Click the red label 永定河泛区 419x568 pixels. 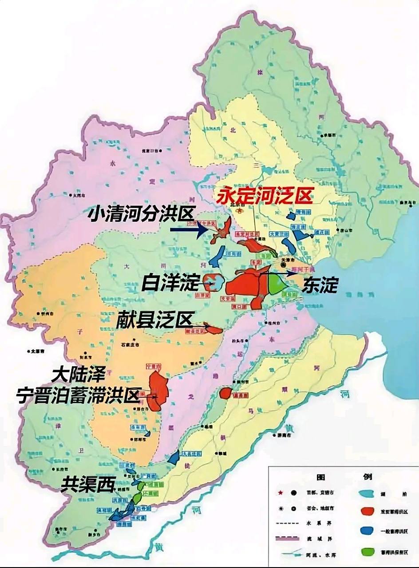(x=265, y=195)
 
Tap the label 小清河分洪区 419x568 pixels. (x=141, y=215)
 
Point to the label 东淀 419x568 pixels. (x=320, y=285)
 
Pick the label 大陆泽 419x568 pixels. (x=78, y=375)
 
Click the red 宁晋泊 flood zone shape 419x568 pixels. (x=158, y=390)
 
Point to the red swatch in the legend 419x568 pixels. (x=367, y=511)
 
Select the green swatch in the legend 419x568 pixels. (x=367, y=552)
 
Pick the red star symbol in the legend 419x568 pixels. (x=281, y=493)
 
